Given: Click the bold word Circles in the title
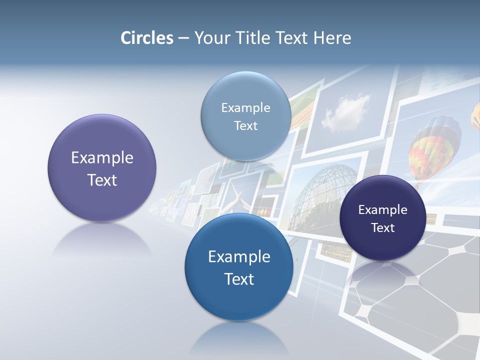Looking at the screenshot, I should pos(147,38).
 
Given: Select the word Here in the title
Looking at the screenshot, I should pos(332,38).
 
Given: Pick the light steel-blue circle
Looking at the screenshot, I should pos(245,116).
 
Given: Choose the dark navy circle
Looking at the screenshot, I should pos(382,218).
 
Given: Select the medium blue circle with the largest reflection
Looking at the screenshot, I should pos(239,267).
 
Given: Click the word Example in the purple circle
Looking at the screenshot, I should pos(102,158).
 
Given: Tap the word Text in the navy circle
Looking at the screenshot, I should pos(383,228).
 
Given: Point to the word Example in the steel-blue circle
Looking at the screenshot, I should pos(245,107).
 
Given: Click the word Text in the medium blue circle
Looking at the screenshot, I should pos(239,278).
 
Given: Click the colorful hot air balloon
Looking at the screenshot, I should pos(434,145).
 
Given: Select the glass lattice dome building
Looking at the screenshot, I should pos(325,195).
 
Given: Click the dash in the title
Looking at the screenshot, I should pos(183,38).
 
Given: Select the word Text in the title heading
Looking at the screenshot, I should pos(292,38).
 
